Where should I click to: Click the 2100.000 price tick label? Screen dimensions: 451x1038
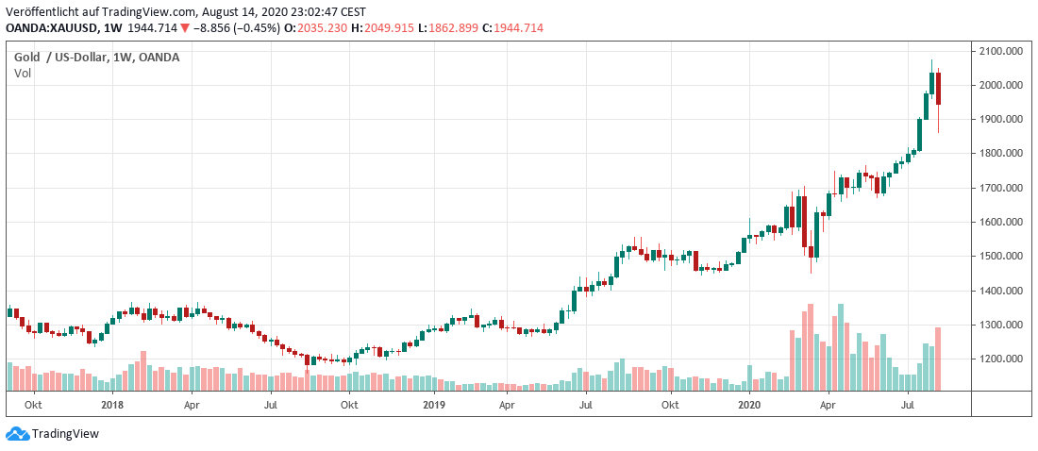1002,51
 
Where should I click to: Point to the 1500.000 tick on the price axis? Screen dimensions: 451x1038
1002,256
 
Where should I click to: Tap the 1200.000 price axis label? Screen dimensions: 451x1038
1002,359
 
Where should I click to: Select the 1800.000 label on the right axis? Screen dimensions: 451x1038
1002,154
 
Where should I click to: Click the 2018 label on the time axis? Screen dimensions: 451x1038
112,405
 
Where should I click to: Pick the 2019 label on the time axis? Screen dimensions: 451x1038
433,405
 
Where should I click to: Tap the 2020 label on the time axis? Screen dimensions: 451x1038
749,405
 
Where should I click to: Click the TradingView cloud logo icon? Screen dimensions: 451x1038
17,433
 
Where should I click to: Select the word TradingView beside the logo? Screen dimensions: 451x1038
65,434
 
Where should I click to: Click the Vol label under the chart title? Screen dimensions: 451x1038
23,73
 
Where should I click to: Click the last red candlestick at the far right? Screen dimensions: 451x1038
938,90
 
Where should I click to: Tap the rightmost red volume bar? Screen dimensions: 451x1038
938,359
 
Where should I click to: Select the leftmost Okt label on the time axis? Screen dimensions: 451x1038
33,405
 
